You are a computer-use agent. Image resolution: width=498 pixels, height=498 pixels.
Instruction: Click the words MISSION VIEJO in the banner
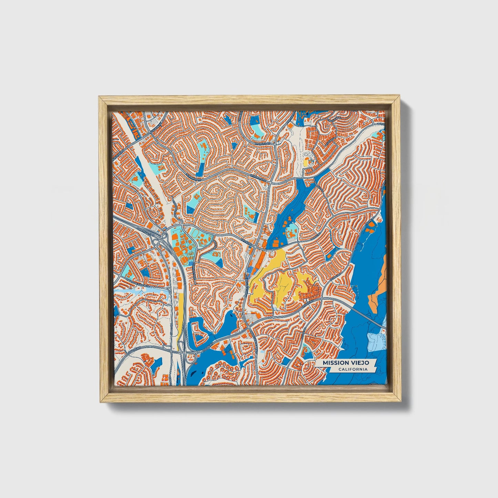346,363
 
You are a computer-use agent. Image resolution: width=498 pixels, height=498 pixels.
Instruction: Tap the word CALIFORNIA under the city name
352,369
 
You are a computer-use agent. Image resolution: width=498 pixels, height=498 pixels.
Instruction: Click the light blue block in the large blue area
376,341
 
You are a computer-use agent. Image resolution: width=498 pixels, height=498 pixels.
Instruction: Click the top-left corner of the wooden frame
100,97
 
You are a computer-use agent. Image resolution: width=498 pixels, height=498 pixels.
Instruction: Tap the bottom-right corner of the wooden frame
401,402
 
